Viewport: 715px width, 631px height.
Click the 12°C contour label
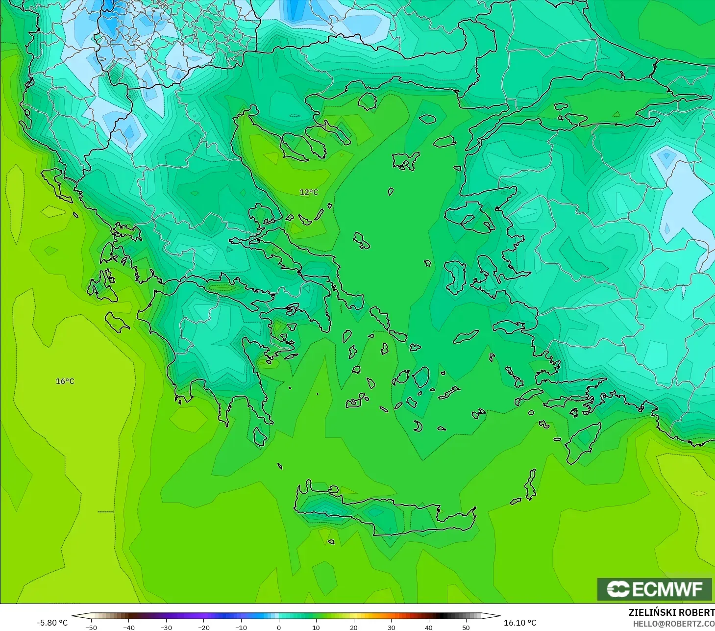tap(309, 192)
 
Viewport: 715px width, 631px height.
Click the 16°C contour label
tap(65, 381)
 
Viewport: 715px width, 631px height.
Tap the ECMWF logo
tap(654, 589)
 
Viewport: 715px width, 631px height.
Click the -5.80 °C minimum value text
tap(52, 623)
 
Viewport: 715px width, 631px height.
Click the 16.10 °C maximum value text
tap(520, 623)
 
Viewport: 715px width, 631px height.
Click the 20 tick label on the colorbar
tap(353, 628)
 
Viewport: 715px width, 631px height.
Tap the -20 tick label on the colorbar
tap(203, 628)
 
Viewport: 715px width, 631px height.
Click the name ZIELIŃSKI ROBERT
tap(671, 612)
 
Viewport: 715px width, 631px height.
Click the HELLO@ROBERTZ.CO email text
tap(673, 624)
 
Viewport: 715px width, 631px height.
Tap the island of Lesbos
tap(468, 218)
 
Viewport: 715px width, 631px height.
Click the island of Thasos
tap(367, 101)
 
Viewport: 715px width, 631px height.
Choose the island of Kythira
tap(260, 436)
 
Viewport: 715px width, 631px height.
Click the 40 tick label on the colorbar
tap(428, 628)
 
